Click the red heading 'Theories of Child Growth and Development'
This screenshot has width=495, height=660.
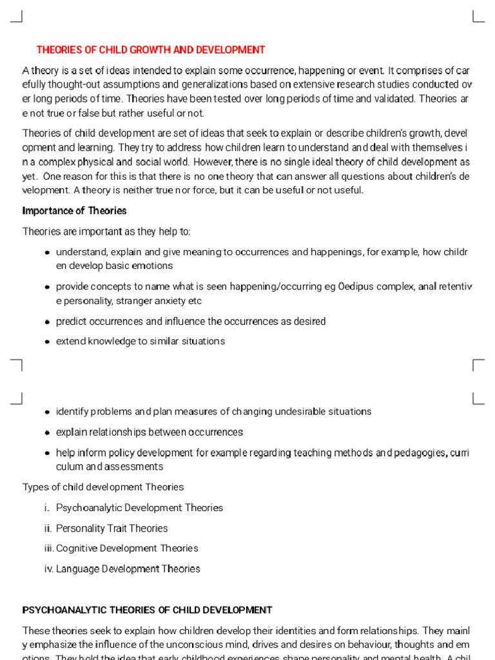151,50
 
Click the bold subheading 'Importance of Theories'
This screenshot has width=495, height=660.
74,211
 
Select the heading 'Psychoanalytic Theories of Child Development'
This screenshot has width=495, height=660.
147,610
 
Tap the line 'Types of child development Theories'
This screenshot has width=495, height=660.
103,487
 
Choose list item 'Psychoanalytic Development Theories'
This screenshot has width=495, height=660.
139,508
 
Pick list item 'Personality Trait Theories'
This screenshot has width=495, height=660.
112,529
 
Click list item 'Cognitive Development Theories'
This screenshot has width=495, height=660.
127,548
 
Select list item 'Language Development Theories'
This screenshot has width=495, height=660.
128,569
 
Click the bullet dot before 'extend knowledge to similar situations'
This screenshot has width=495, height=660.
48,342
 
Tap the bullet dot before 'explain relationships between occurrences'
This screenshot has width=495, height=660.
48,433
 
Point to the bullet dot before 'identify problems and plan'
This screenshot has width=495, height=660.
48,412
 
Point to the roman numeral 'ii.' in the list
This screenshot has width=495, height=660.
48,529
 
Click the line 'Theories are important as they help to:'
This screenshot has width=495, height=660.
106,231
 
